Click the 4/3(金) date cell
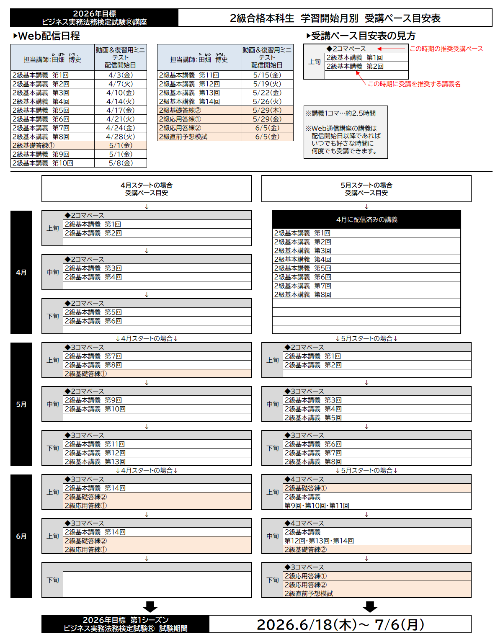121,75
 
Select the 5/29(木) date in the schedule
267,110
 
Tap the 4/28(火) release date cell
121,137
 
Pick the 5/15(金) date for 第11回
267,75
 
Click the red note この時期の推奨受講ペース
446,49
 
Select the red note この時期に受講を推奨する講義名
414,84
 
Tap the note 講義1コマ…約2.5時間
340,113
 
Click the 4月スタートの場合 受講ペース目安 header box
147,189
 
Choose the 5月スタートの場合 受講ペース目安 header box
366,189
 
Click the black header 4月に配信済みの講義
366,219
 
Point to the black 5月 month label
21,404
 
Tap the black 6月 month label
21,536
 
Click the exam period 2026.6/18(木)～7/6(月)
340,624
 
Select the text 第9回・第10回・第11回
317,505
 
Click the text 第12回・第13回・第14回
319,541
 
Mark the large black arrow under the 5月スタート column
370,607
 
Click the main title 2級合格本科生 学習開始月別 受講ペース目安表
335,18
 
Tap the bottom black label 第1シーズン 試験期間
125,624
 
